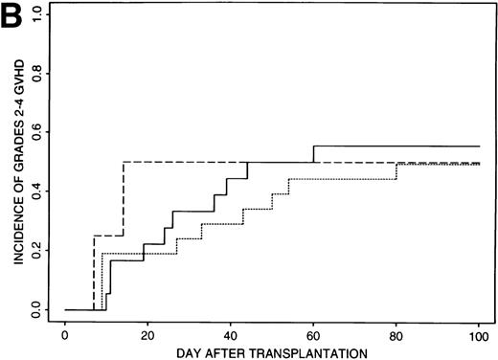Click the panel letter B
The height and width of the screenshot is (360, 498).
click(12, 14)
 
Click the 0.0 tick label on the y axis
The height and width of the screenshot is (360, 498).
click(36, 309)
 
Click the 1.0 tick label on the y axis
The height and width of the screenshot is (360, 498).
click(36, 12)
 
